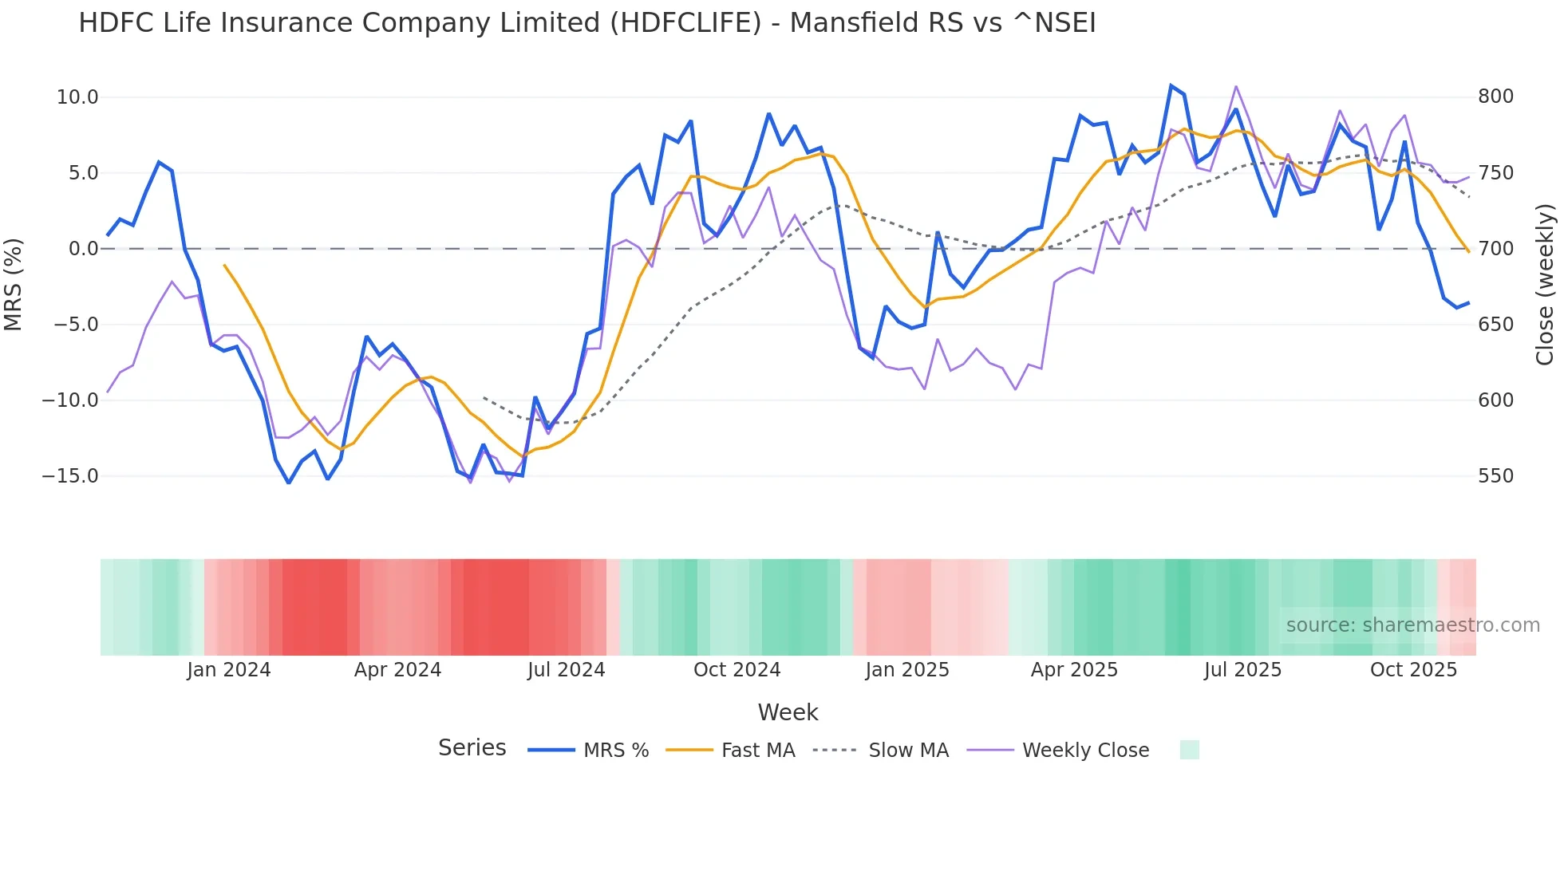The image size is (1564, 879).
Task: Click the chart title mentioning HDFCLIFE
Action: pos(586,23)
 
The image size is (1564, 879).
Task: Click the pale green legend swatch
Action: pos(1189,750)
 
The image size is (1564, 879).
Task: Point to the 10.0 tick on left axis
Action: pos(77,97)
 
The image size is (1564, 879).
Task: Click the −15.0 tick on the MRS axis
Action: pos(71,476)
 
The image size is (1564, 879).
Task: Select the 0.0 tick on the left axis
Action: pos(84,249)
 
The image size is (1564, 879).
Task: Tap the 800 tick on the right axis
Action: pos(1495,97)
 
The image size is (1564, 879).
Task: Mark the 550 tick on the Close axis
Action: pos(1495,476)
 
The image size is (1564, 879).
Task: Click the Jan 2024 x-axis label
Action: pos(229,670)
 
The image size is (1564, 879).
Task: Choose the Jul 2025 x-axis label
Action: pos(1242,670)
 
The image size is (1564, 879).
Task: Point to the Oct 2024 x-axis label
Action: pos(737,670)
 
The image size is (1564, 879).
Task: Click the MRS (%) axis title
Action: pos(14,284)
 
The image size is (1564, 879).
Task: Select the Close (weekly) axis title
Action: pos(1546,284)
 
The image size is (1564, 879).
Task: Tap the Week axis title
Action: pos(788,712)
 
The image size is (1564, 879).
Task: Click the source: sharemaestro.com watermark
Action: pos(1412,625)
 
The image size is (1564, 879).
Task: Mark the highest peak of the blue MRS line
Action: pos(1171,85)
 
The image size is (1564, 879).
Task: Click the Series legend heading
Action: pos(472,748)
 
